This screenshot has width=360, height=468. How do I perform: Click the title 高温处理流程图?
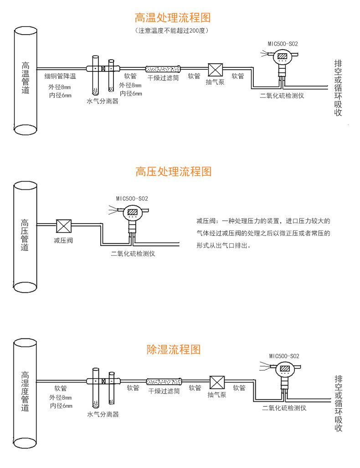[173, 18]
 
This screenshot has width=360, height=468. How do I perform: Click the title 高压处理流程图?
[174, 172]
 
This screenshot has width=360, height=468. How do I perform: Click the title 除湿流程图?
[174, 349]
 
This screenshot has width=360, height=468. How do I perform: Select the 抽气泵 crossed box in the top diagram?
[215, 70]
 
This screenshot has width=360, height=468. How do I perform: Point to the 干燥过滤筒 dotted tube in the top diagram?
[163, 69]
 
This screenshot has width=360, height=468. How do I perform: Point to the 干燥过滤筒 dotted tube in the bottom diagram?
[164, 382]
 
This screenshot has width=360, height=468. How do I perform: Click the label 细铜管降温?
[60, 76]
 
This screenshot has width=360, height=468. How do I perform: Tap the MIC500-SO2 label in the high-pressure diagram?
[132, 198]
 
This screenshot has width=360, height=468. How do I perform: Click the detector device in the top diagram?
[282, 59]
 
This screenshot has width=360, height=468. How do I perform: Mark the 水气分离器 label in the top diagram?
[103, 101]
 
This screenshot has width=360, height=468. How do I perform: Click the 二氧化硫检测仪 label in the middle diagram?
[133, 254]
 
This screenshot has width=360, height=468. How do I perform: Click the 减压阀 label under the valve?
[63, 240]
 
